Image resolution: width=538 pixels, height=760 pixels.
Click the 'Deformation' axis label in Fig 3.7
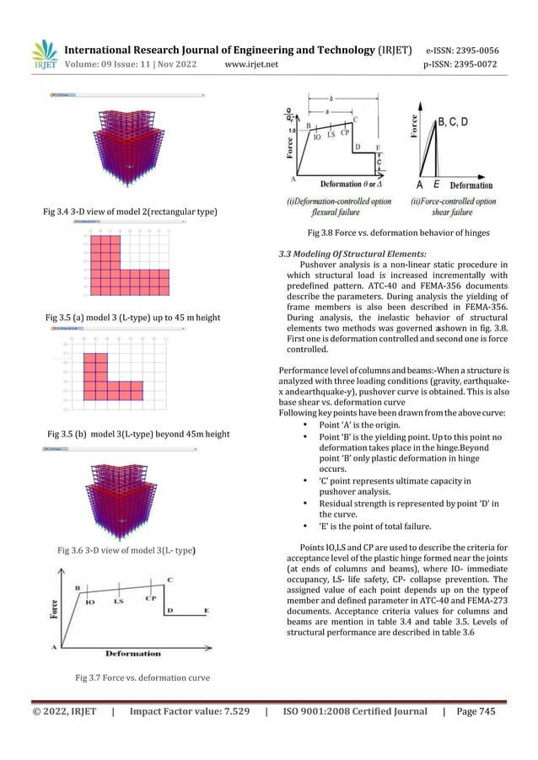pyautogui.click(x=133, y=653)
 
